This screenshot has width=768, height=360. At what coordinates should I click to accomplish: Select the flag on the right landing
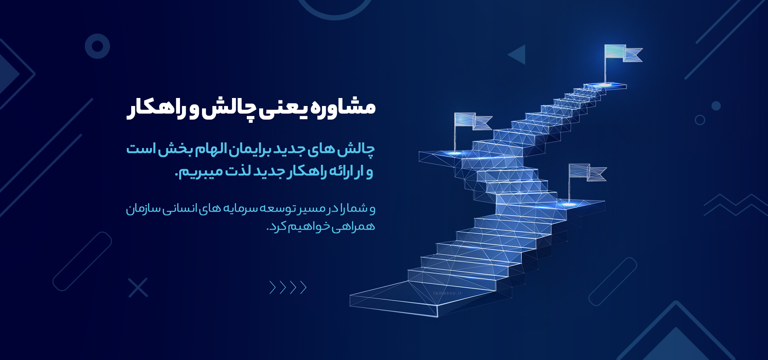point(587,172)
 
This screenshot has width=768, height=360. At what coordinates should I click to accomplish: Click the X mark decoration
point(138,287)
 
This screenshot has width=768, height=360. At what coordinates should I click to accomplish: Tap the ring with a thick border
point(97,46)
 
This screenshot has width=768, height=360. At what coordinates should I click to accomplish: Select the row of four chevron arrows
point(288,287)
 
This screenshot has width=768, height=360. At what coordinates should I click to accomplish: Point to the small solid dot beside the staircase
point(716,106)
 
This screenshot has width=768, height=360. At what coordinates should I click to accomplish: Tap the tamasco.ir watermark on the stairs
point(447,293)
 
